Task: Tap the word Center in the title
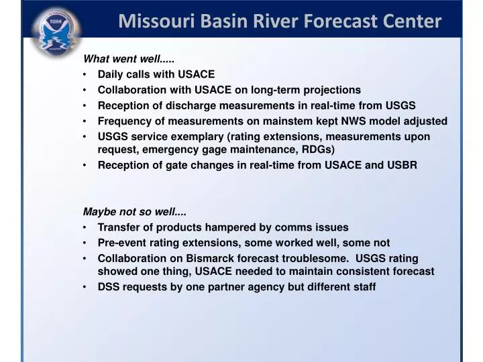(412, 21)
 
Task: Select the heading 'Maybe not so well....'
(134, 212)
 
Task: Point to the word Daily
(111, 74)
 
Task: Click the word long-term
(276, 90)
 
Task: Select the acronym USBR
(401, 165)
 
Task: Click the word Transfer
(118, 227)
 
